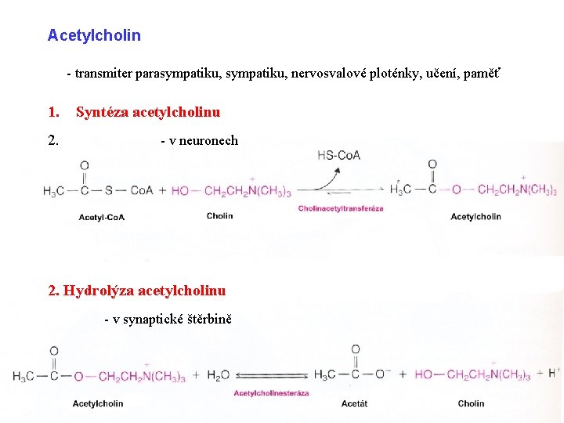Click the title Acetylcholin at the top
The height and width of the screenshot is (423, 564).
(94, 35)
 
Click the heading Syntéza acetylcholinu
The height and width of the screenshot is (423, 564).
(148, 112)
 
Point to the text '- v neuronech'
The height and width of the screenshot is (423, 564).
(199, 141)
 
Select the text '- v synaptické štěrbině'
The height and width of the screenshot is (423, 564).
(168, 319)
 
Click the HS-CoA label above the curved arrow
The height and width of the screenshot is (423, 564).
(339, 155)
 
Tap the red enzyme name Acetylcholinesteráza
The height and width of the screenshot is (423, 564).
(271, 393)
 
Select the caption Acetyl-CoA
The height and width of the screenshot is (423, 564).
(102, 217)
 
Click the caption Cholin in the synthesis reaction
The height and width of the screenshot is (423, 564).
(220, 216)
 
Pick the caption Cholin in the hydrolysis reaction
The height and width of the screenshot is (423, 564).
(471, 403)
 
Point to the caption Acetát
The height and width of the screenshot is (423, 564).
(354, 403)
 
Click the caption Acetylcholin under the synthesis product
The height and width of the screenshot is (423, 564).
(476, 217)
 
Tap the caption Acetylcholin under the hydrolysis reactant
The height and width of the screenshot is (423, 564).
(98, 403)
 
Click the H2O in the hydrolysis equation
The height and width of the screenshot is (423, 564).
(219, 376)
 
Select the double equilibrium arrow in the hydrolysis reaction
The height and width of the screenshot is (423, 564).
(272, 376)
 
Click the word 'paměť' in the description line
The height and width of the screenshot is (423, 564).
(483, 74)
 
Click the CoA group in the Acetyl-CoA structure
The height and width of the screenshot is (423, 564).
(142, 190)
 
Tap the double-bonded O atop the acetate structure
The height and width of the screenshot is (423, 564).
(356, 350)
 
